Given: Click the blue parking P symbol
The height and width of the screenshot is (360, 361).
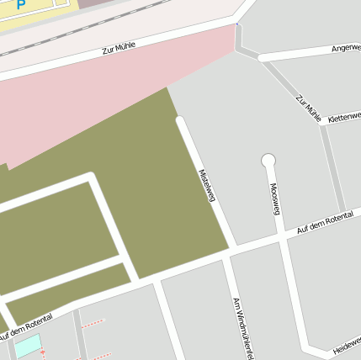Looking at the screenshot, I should point(20,4).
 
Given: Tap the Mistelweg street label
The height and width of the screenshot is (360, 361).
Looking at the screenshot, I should point(207,186).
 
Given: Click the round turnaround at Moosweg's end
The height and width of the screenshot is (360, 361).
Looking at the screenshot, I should point(268,160).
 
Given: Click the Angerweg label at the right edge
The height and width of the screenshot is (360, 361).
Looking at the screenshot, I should point(345,48).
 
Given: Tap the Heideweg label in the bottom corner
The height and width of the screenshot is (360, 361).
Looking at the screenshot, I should point(346,342).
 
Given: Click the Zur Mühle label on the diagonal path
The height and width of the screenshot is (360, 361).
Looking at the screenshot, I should point(308,109).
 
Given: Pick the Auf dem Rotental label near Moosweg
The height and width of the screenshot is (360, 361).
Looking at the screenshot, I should point(324,224).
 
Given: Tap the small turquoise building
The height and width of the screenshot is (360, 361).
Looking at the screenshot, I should point(28,345).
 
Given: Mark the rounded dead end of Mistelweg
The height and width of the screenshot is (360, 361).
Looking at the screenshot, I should point(179,121).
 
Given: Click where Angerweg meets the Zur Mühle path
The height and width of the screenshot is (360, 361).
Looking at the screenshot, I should point(260,58).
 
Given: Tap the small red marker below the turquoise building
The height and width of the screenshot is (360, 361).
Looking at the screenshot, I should point(43,352).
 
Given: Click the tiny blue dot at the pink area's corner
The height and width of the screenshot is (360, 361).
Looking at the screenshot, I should point(237,24).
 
